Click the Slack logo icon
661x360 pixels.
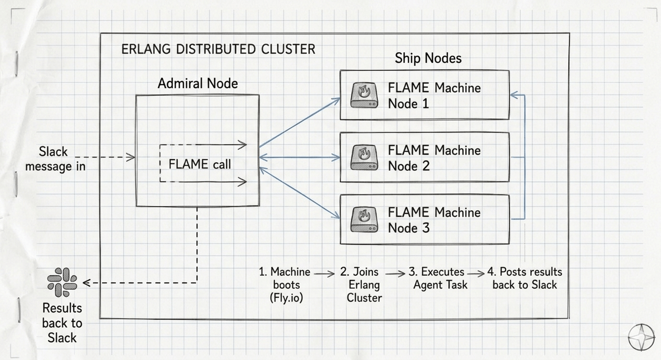62,282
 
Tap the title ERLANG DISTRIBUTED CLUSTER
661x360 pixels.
218,49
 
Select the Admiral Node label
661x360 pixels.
197,83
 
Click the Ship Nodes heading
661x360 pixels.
428,58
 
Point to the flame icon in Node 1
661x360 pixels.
365,95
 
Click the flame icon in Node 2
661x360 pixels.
365,157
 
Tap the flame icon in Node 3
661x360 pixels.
365,219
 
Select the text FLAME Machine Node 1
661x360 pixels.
433,95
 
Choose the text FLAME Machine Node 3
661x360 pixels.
433,220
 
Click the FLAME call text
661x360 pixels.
199,164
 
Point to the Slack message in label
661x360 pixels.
55,159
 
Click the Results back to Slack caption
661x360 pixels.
62,323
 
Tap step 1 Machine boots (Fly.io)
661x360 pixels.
285,284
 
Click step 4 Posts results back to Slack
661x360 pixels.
524,278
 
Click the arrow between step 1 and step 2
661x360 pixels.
324,274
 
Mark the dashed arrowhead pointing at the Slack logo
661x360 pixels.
86,283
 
